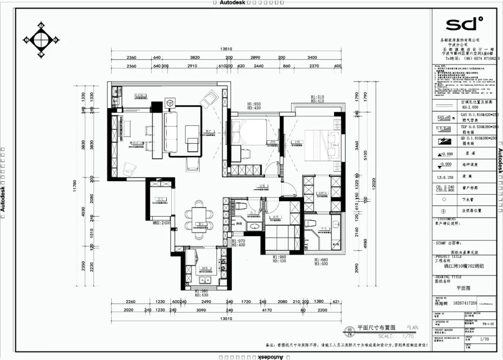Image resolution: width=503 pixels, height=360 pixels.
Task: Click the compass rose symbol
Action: tap(41, 40)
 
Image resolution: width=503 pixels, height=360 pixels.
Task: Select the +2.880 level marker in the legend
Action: tap(444, 153)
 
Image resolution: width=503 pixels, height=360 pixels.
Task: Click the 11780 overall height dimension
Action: tap(75, 187)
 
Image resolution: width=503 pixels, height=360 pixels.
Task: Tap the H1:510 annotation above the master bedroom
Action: tap(318, 97)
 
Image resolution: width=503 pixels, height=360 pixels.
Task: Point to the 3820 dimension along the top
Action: tap(194, 58)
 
